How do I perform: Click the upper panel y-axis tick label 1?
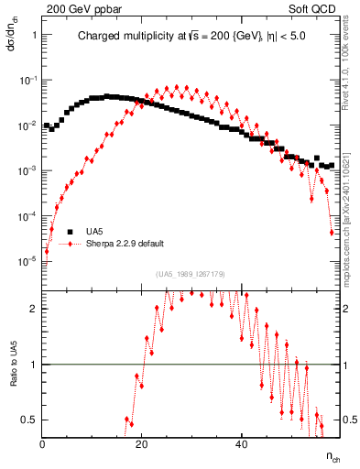point(34,35)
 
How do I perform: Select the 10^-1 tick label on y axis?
point(27,80)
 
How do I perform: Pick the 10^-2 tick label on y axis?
point(27,125)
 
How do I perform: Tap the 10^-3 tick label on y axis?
point(27,170)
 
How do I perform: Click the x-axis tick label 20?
point(142,444)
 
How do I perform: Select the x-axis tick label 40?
point(241,444)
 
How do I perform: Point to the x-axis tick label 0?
point(43,444)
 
